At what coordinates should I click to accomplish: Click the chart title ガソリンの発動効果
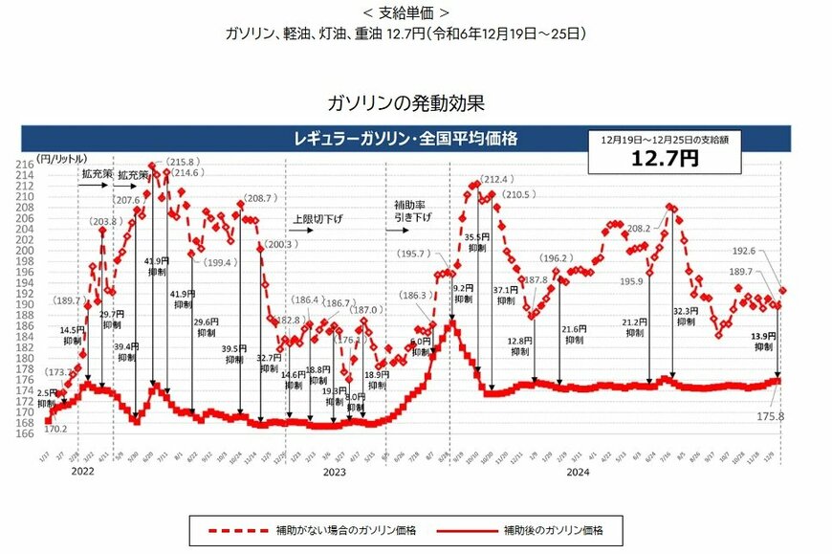pos(412,101)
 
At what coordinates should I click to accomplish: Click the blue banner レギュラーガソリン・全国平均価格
pos(406,139)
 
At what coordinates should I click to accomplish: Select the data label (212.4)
pos(498,179)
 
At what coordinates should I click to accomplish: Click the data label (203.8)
pos(102,222)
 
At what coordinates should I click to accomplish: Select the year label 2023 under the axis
pos(333,472)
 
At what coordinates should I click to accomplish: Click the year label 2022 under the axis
pos(84,472)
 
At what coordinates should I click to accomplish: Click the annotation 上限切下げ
pos(317,219)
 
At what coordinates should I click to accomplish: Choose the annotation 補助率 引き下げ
pos(412,211)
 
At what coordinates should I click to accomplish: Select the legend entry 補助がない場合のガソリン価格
pos(332,529)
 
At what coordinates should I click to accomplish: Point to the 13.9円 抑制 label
pos(762,343)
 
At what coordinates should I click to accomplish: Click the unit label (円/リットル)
pos(59,156)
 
